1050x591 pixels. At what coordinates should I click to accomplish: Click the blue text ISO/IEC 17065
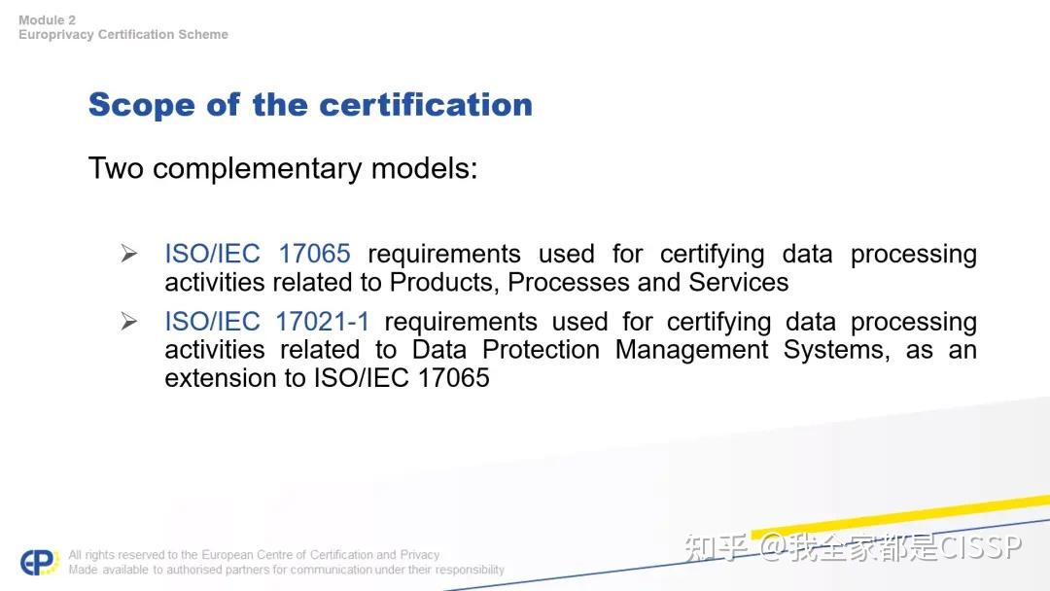coord(258,254)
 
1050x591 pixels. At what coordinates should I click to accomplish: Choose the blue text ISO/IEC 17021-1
coord(267,322)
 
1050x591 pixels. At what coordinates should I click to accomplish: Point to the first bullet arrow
coord(129,255)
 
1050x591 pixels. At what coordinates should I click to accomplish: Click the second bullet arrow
coord(129,323)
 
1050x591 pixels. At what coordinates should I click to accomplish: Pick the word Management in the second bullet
coord(691,350)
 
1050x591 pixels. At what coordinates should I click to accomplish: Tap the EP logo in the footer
coord(40,562)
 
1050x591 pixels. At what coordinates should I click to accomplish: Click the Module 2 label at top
coord(47,20)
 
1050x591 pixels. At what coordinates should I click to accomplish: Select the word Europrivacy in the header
coord(55,35)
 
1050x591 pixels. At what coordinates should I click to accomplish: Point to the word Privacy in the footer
coord(420,555)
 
